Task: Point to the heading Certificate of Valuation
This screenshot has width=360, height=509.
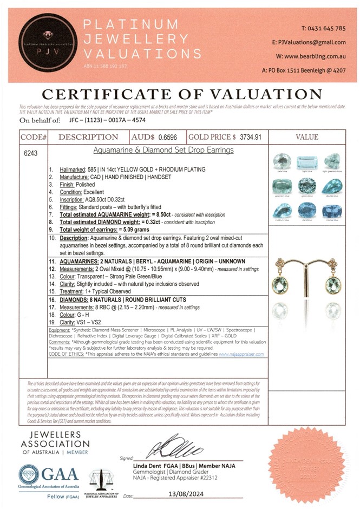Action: tap(180, 93)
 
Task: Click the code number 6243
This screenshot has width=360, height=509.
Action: tap(31, 153)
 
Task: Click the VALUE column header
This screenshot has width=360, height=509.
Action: tap(307, 138)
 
